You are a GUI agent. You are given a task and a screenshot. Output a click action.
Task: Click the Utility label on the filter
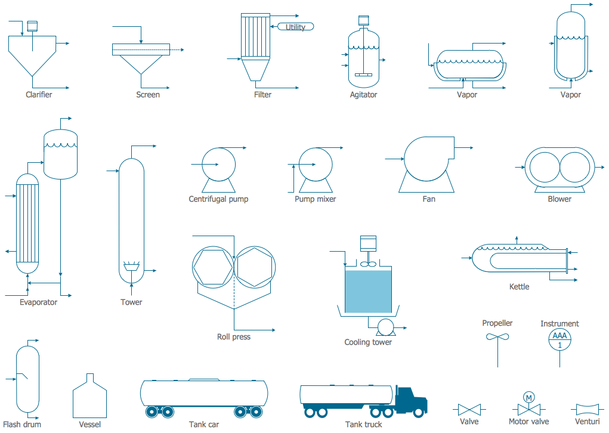[x=295, y=27]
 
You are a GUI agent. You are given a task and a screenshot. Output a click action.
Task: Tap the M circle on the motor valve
[x=528, y=397]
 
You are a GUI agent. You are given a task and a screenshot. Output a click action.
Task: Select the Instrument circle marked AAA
[x=559, y=339]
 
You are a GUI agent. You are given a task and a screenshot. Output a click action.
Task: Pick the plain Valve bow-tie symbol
[x=469, y=410]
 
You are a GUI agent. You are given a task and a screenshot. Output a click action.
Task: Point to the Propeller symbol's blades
[x=497, y=338]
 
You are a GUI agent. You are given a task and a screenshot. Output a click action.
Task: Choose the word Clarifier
[x=39, y=95]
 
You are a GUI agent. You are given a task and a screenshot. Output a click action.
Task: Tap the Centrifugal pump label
[x=218, y=199]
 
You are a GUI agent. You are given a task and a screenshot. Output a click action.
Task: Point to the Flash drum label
[x=22, y=425]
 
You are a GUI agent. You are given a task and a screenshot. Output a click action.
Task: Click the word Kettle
[x=519, y=287]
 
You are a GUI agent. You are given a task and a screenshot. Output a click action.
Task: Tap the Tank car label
[x=204, y=425]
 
